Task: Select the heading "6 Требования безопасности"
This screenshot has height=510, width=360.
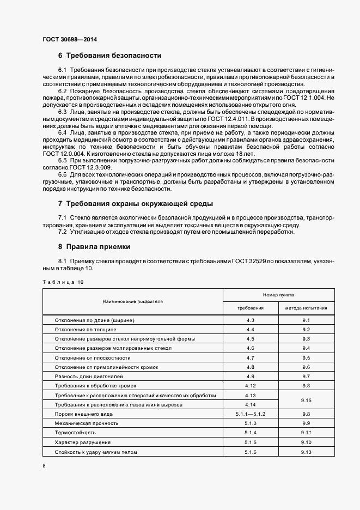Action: point(109,56)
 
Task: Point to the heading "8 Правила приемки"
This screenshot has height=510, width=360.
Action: point(98,246)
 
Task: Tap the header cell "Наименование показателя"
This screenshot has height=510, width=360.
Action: point(133,301)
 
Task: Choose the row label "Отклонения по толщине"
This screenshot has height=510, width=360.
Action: point(86,330)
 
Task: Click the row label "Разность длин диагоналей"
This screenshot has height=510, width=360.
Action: point(89,377)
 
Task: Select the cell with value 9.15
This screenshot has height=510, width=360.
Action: point(306,400)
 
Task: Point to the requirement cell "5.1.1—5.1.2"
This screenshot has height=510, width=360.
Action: point(251,414)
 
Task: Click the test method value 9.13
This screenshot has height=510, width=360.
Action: point(306,452)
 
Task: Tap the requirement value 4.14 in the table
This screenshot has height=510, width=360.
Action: point(251,405)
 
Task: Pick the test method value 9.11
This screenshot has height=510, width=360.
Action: point(306,433)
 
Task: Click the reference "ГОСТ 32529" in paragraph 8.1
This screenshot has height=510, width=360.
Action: point(252,262)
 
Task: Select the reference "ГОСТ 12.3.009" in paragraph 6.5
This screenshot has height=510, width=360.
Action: point(87,167)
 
